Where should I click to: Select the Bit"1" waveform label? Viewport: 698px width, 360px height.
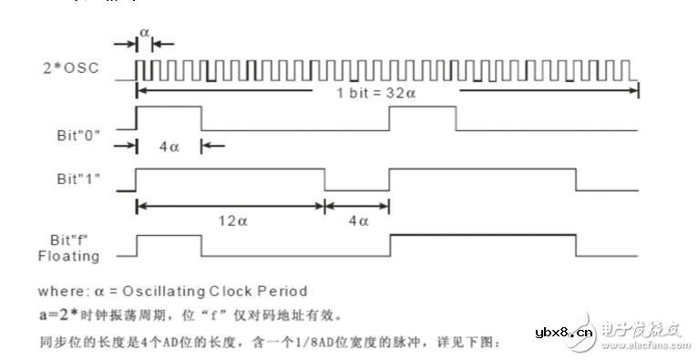(77, 178)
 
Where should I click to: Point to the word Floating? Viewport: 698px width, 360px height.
(76, 256)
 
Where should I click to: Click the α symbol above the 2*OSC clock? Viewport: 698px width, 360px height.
(143, 32)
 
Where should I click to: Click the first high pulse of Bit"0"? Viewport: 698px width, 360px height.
(169, 118)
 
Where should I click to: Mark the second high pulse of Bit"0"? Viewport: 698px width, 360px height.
(422, 118)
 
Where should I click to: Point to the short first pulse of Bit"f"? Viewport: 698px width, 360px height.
(169, 246)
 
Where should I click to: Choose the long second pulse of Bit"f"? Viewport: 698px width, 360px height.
(482, 246)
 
